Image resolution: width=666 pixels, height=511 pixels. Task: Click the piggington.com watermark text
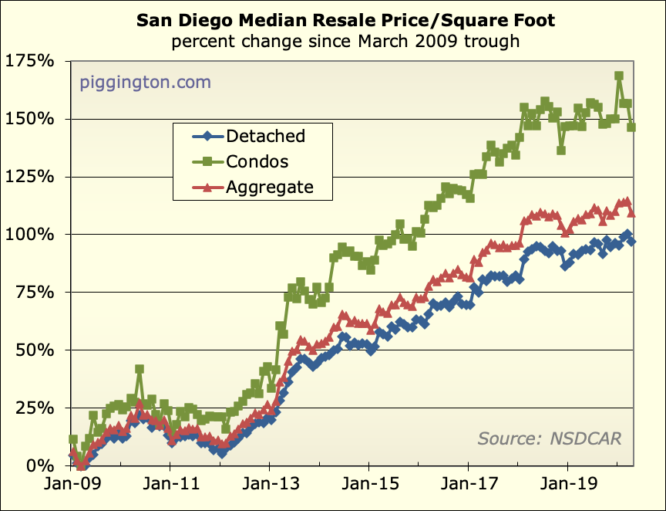(146, 81)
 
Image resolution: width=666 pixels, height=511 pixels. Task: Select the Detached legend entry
(265, 137)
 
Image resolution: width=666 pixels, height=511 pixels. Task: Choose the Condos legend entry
(257, 161)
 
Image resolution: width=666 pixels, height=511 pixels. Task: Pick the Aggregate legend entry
(269, 187)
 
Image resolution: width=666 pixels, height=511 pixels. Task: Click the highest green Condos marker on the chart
(619, 76)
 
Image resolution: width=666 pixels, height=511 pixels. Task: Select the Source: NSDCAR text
(549, 438)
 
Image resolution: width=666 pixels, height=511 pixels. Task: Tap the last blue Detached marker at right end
(631, 242)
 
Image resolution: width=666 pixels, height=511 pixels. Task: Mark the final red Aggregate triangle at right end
(631, 212)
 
